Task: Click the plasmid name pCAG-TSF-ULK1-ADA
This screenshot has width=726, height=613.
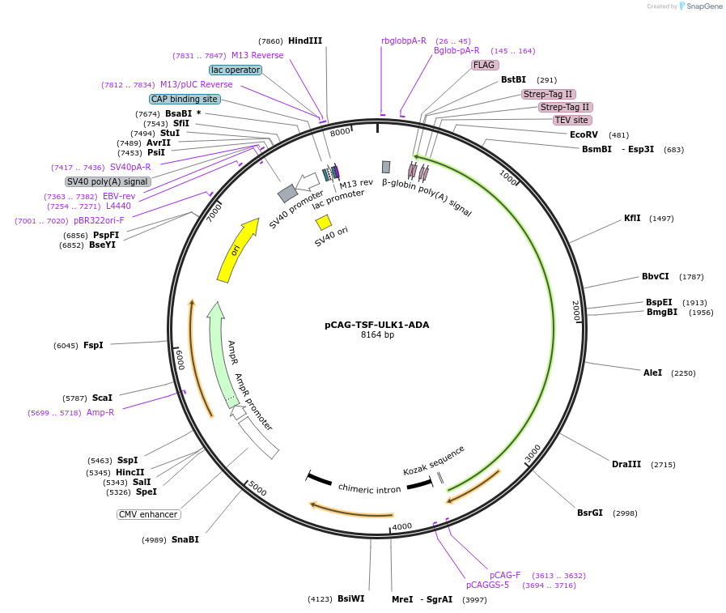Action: (376, 325)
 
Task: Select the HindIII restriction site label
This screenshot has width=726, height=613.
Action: (305, 40)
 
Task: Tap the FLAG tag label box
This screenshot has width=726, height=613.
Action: (485, 65)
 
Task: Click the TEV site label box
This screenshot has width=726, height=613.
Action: (571, 120)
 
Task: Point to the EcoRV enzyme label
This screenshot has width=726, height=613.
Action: (584, 134)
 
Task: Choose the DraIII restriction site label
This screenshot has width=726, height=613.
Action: (626, 464)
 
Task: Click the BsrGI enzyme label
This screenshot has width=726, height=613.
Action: (590, 513)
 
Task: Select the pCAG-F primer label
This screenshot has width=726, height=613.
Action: (505, 575)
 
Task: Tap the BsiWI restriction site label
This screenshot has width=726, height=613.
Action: (350, 598)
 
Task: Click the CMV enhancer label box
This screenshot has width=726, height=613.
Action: (149, 514)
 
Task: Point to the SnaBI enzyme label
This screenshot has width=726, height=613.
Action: (185, 539)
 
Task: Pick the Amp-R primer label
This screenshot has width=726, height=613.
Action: (100, 412)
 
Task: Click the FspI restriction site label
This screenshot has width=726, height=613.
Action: (93, 345)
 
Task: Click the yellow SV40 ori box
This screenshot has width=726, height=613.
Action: (324, 222)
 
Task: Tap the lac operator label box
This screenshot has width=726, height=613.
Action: (236, 70)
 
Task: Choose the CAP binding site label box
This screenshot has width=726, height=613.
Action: (185, 99)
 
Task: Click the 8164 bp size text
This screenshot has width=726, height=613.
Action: (377, 334)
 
